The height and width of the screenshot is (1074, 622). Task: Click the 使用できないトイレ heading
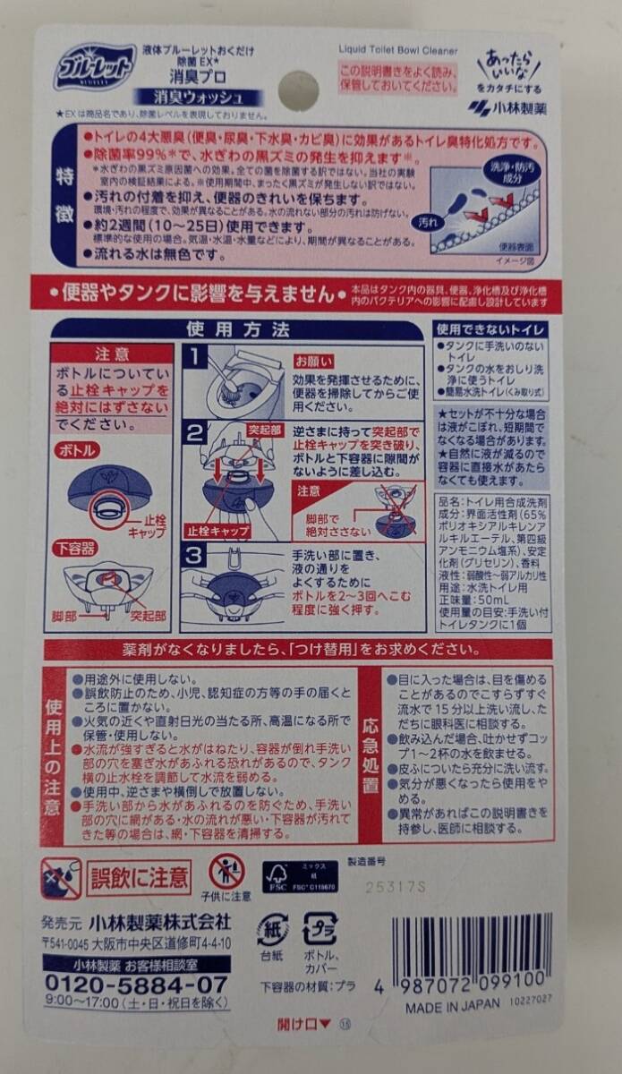click(491, 330)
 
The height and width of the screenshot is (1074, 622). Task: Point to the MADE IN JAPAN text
click(452, 1005)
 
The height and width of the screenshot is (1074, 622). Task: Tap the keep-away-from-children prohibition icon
click(226, 872)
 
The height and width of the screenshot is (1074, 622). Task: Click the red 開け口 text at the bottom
click(305, 1026)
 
